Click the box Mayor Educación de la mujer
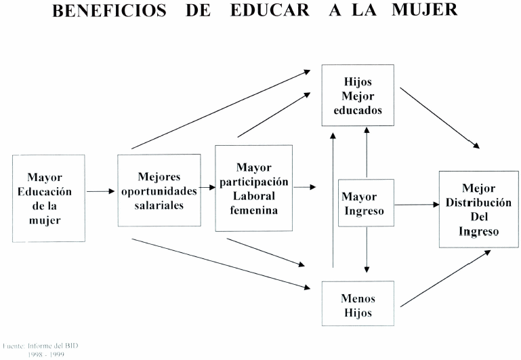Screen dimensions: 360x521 pos(49,198)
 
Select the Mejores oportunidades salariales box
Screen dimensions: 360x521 pos(159,191)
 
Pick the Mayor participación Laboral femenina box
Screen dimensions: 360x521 pos(253,188)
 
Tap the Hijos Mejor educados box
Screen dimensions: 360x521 pos(358,95)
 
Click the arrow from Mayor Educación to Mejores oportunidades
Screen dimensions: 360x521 pos(101,191)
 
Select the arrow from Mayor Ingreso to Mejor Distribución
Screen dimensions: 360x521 pos(416,203)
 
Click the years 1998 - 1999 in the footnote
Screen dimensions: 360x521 pos(46,354)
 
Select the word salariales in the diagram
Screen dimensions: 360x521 pos(159,205)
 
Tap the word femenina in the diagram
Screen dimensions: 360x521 pos(253,210)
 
